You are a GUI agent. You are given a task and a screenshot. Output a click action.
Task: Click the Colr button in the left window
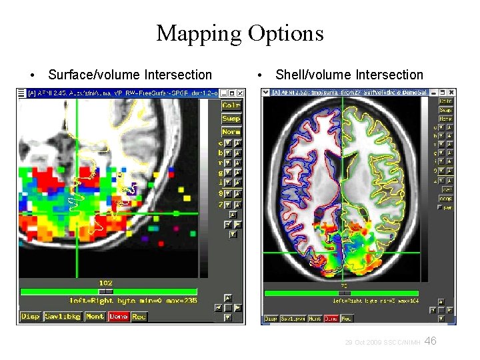(x=231, y=105)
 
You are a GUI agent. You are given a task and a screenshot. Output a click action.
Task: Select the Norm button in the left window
(x=231, y=131)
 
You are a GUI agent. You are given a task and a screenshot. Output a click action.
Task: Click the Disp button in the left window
(x=30, y=317)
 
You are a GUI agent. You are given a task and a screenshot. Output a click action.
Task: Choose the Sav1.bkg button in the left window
(x=62, y=317)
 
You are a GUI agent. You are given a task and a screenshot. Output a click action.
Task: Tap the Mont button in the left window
(x=95, y=317)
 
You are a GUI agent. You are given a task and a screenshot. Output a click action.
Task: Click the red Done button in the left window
(x=119, y=317)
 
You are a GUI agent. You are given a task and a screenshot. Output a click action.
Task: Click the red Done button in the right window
(x=331, y=319)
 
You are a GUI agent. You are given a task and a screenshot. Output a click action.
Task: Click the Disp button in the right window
(x=271, y=319)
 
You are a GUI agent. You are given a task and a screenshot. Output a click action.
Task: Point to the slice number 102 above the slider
(x=106, y=283)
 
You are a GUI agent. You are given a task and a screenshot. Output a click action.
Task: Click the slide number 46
(x=431, y=341)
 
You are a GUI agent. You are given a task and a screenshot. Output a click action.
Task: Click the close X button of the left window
(x=241, y=93)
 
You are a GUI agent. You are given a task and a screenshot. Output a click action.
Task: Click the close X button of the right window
(x=452, y=92)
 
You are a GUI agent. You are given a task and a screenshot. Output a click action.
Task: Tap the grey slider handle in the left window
(x=106, y=291)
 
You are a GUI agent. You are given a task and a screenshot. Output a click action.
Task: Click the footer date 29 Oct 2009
(x=363, y=343)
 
